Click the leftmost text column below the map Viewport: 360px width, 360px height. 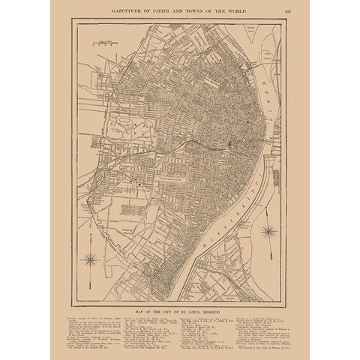91,331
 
